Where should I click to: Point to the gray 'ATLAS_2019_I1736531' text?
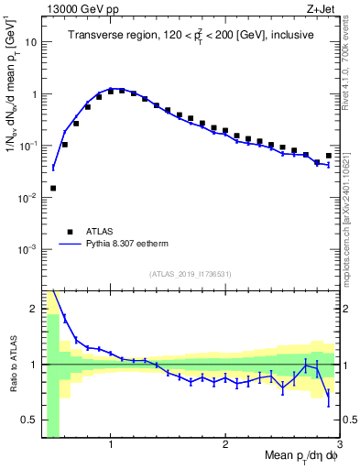[191, 274]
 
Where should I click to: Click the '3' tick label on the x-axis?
[340, 444]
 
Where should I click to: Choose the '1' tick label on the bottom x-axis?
[111, 444]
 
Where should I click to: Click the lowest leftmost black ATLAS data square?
[53, 188]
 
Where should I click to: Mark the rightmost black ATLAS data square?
[329, 156]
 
